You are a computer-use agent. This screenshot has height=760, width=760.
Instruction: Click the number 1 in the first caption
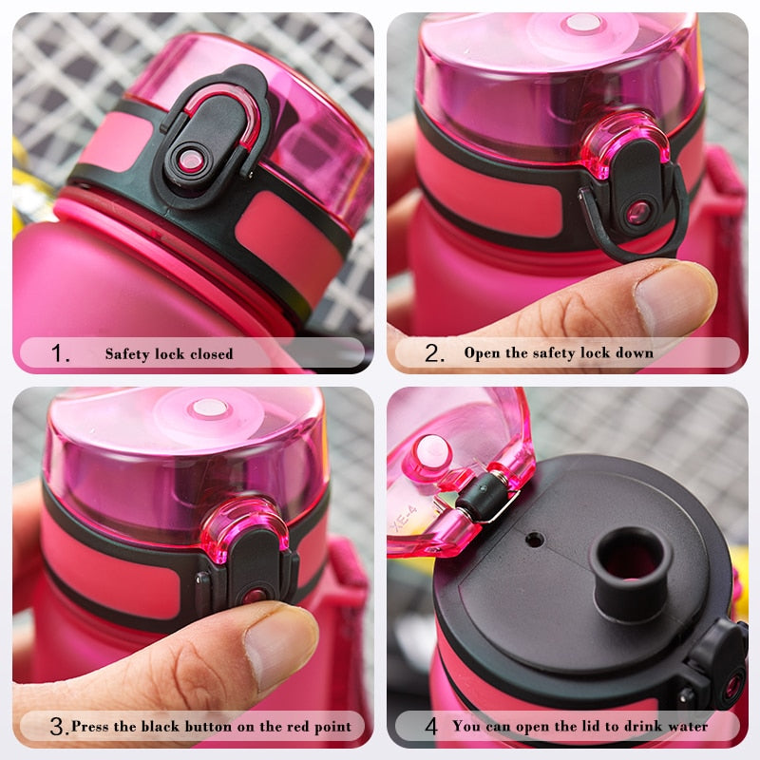[60, 353]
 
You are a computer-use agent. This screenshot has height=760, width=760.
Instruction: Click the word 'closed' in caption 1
[208, 353]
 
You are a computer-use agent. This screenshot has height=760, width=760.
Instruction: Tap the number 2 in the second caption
[434, 353]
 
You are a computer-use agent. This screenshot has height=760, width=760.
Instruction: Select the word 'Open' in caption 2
[482, 352]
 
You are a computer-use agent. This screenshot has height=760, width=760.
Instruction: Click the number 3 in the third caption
[58, 727]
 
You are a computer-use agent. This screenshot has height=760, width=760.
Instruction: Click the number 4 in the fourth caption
[431, 727]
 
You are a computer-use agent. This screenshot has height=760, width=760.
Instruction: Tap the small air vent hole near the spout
[535, 540]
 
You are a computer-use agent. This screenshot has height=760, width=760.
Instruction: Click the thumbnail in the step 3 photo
[275, 646]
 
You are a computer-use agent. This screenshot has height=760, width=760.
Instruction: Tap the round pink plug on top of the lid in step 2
[581, 23]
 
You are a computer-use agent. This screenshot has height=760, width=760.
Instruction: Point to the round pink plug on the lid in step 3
[208, 408]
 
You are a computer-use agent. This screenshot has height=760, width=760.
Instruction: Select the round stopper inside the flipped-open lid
[432, 451]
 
